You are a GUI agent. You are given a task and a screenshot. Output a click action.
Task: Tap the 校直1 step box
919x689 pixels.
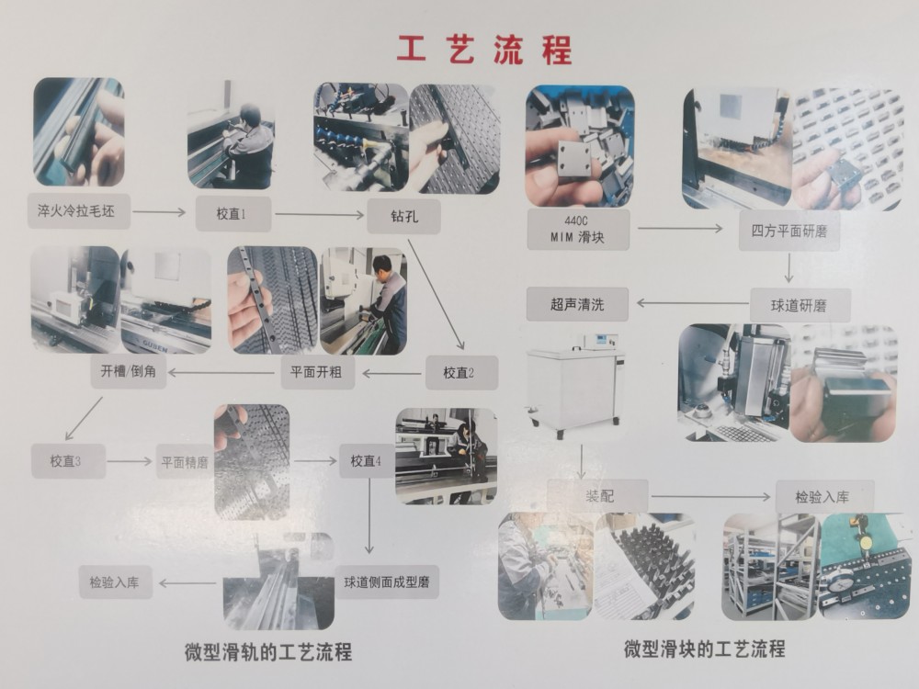[233, 213]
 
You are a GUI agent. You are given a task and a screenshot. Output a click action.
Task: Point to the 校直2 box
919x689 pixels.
[459, 372]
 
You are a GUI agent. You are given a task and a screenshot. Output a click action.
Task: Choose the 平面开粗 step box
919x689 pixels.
[316, 372]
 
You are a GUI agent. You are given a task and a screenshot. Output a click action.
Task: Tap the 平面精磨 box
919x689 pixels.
[184, 461]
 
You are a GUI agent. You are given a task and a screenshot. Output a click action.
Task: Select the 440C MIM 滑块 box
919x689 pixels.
[578, 229]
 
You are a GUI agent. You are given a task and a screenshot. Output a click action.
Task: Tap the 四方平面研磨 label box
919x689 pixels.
[789, 231]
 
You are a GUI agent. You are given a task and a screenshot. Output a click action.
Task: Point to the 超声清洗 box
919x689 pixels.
[577, 302]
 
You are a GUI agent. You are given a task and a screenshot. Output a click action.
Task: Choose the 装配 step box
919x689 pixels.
[599, 496]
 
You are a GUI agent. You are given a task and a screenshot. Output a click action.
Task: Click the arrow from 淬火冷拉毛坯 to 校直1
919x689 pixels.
[158, 212]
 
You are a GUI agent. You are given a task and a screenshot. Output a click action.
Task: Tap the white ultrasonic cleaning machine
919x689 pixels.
[575, 387]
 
